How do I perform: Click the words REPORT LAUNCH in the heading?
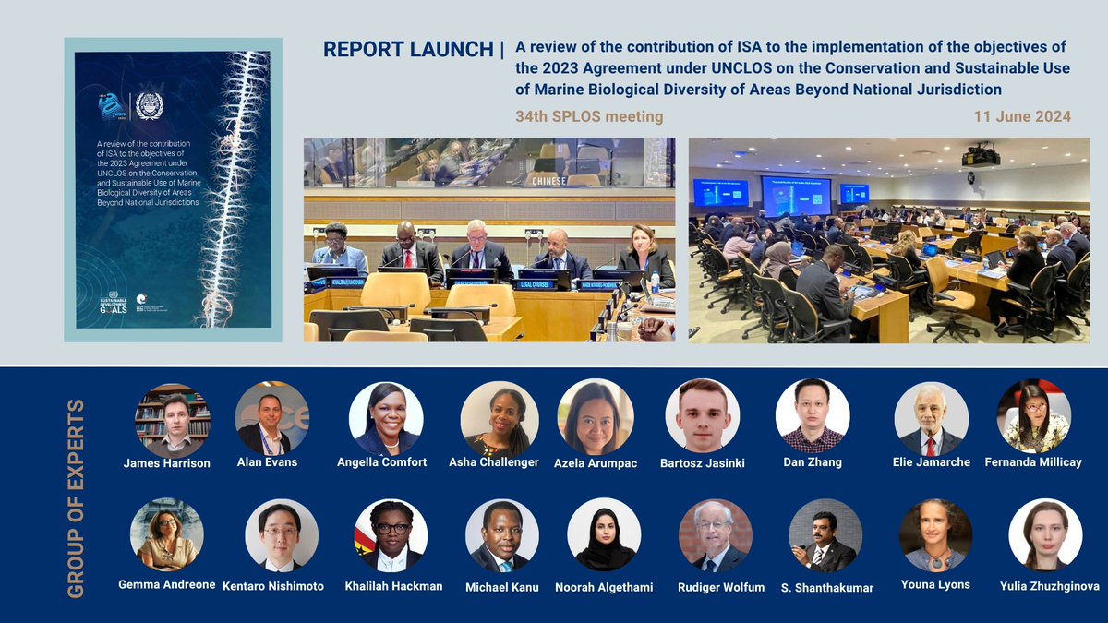tap(408, 50)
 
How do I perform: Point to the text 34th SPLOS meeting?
tap(589, 116)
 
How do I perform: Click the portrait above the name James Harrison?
tap(173, 420)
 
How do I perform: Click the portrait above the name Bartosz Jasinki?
tap(703, 415)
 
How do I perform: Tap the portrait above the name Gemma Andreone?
tap(166, 535)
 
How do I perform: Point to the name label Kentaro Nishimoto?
tap(273, 586)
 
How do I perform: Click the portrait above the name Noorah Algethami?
tap(604, 535)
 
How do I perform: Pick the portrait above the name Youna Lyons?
tap(935, 535)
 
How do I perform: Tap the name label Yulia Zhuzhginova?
tap(1049, 586)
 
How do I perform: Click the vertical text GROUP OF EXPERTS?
tap(77, 498)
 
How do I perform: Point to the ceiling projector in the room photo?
tap(981, 156)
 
